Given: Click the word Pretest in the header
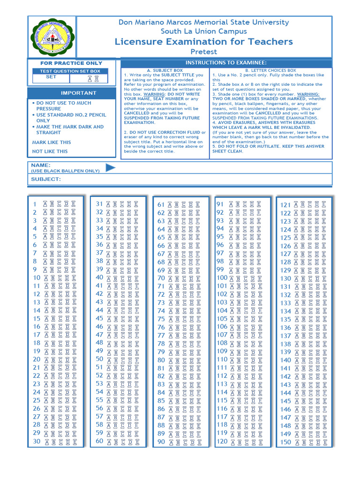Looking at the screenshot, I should [203, 52].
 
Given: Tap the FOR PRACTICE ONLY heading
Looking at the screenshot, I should [71, 63].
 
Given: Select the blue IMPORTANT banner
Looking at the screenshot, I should [78, 93].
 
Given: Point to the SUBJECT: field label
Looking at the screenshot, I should [46, 179].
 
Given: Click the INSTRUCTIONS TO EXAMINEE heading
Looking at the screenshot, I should [226, 63].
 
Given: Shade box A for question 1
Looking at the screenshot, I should [45, 204].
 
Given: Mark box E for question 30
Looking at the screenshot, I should [75, 442].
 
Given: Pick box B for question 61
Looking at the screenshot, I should [177, 204].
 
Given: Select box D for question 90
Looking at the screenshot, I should [192, 442].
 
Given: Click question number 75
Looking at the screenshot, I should [161, 319].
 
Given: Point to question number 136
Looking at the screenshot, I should [285, 328].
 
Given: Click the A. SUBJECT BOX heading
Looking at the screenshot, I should [165, 70].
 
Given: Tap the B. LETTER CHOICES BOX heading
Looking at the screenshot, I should [270, 70].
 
